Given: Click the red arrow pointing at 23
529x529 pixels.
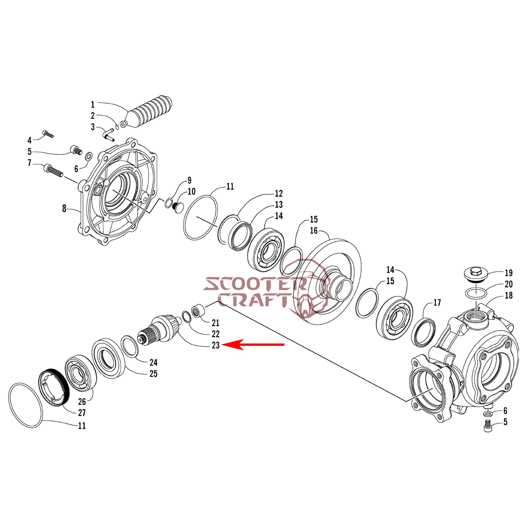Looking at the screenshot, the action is click(x=253, y=345).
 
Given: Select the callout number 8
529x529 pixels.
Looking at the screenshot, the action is click(x=64, y=209).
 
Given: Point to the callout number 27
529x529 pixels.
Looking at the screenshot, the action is click(x=82, y=413).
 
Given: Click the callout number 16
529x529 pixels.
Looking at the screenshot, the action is click(x=314, y=230).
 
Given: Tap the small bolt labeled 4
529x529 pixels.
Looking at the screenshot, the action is click(x=48, y=134).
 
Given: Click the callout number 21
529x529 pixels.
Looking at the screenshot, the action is click(x=216, y=323).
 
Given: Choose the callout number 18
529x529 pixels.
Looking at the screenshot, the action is click(x=509, y=295).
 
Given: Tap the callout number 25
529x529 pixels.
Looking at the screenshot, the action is click(x=153, y=374).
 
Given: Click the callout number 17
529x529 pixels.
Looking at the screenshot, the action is click(x=437, y=303).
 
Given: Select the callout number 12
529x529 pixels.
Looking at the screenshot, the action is click(x=279, y=193).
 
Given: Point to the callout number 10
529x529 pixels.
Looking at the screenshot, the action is click(x=191, y=191).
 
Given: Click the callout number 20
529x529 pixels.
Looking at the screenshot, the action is click(x=509, y=284).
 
